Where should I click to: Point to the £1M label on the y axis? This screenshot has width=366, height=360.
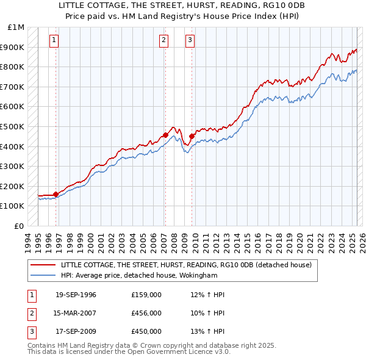(x=16, y=27)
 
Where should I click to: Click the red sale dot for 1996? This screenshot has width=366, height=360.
(x=56, y=195)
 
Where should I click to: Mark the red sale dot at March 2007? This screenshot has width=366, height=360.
(x=165, y=135)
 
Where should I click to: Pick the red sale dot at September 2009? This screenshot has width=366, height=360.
(x=192, y=136)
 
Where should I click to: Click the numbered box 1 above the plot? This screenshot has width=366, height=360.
(x=54, y=41)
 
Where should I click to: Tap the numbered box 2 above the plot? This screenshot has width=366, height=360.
(x=164, y=41)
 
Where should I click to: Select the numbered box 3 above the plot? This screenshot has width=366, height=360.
(x=190, y=41)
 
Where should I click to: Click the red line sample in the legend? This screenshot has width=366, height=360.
(x=44, y=265)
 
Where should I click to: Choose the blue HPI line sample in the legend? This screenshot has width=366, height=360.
(x=44, y=275)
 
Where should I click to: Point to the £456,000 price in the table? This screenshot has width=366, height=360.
(x=146, y=313)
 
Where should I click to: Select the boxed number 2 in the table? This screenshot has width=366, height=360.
(x=30, y=313)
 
